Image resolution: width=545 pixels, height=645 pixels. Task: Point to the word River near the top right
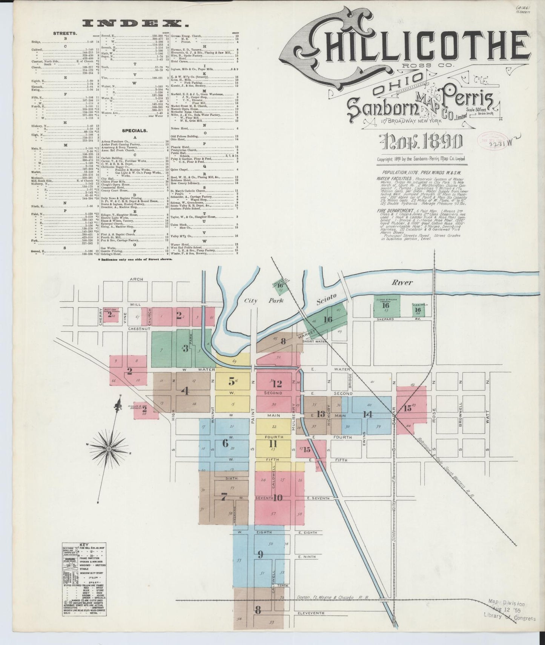click(x=402, y=282)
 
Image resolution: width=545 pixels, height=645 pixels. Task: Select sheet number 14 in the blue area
click(x=368, y=414)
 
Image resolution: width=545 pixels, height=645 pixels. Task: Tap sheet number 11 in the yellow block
click(x=273, y=444)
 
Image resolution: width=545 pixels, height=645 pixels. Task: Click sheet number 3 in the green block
click(x=185, y=349)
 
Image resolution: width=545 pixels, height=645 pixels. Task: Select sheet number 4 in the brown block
click(x=185, y=391)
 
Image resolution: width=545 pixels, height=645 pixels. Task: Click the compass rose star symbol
click(x=109, y=449)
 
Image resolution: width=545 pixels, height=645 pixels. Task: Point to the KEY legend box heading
click(x=83, y=545)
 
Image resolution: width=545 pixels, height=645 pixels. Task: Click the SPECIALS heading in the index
click(x=135, y=131)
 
